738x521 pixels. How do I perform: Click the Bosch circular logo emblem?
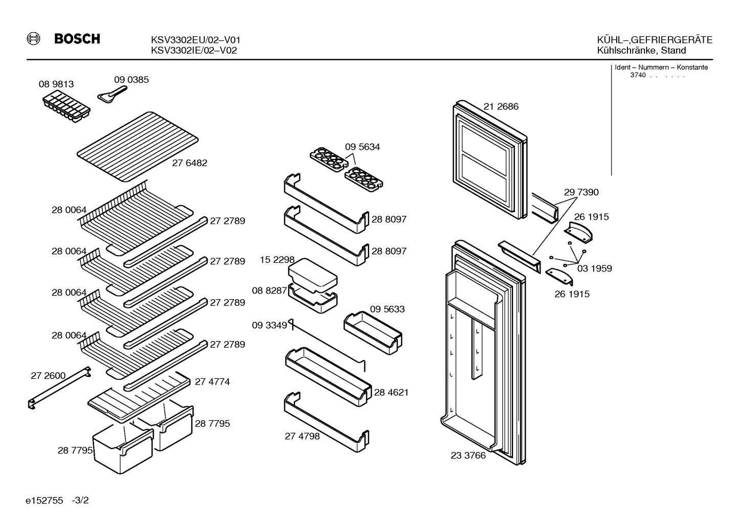33,39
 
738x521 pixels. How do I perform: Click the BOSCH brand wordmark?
77,39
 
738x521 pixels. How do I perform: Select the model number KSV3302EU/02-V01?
196,40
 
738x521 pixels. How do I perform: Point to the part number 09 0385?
132,80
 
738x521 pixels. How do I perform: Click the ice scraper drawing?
112,95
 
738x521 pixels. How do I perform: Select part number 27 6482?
189,163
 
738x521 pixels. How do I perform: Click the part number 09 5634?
362,147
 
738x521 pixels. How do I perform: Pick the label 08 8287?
270,290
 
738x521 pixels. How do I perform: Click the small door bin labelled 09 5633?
373,333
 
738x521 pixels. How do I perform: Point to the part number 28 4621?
391,392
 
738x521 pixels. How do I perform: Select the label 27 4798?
302,437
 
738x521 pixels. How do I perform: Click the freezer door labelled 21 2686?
490,160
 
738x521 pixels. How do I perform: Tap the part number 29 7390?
581,192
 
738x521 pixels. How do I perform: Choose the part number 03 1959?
594,268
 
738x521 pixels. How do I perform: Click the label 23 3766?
468,456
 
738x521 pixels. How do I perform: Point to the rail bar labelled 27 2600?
59,388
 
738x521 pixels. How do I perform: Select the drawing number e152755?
44,501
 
